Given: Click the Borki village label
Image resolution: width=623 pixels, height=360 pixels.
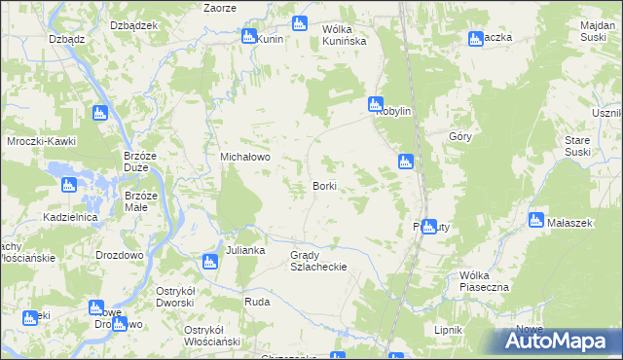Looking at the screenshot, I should point(325,185).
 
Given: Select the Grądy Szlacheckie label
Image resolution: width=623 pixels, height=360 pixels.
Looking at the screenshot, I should point(318,260).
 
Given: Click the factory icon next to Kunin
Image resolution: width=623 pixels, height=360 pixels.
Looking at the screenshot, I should point(248,37).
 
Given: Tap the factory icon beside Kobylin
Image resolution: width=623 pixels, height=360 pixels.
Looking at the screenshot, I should point(375,104).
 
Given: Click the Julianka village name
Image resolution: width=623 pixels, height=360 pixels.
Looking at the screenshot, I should point(245,250).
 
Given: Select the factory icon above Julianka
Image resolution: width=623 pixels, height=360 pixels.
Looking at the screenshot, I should point(209,261).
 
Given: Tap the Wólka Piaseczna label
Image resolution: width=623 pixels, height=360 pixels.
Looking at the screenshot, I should point(484,281).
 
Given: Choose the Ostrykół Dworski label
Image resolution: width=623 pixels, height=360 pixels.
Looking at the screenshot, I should point(191,297).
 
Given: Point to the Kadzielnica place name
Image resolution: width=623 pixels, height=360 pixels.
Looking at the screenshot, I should point(69,217).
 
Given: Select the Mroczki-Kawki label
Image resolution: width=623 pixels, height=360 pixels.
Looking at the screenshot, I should point(41,141).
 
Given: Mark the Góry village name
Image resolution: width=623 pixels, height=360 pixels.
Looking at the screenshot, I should point(460,137).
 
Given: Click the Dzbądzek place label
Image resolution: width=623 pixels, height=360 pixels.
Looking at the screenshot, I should point(133,25).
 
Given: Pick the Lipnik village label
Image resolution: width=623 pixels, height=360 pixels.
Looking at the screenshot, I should point(448,330).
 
